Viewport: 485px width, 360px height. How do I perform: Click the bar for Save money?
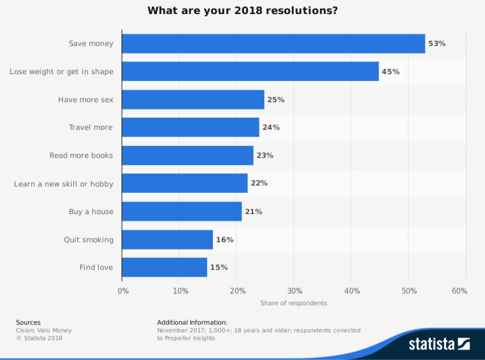pyautogui.click(x=273, y=44)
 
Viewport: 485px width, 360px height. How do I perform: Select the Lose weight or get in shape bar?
pyautogui.click(x=250, y=72)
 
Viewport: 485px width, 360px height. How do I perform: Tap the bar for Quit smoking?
pyautogui.click(x=167, y=239)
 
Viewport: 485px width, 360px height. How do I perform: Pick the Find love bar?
pyautogui.click(x=164, y=268)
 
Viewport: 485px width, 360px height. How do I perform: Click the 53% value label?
pyautogui.click(x=437, y=44)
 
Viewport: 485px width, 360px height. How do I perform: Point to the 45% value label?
pyautogui.click(x=390, y=72)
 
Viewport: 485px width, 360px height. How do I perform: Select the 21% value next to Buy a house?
pyautogui.click(x=253, y=212)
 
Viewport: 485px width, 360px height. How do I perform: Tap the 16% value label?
pyautogui.click(x=224, y=239)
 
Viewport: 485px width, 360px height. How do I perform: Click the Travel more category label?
pyautogui.click(x=90, y=128)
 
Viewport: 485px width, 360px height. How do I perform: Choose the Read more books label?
pyautogui.click(x=81, y=155)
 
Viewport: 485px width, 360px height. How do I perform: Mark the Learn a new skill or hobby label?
pyautogui.click(x=64, y=184)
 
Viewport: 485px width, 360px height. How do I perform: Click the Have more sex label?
pyautogui.click(x=85, y=100)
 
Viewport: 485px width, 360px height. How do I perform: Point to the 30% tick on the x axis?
pyautogui.click(x=295, y=291)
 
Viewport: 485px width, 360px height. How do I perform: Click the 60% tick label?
pyautogui.click(x=459, y=291)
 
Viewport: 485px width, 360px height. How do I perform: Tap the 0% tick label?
pyautogui.click(x=123, y=291)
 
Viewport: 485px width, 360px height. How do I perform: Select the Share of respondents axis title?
pyautogui.click(x=294, y=303)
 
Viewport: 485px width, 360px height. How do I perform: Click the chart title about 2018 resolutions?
pyautogui.click(x=242, y=11)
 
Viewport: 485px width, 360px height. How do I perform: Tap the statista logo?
pyautogui.click(x=440, y=344)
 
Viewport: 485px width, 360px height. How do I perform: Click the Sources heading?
pyautogui.click(x=28, y=322)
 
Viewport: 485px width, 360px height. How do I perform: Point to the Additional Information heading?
pyautogui.click(x=192, y=322)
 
